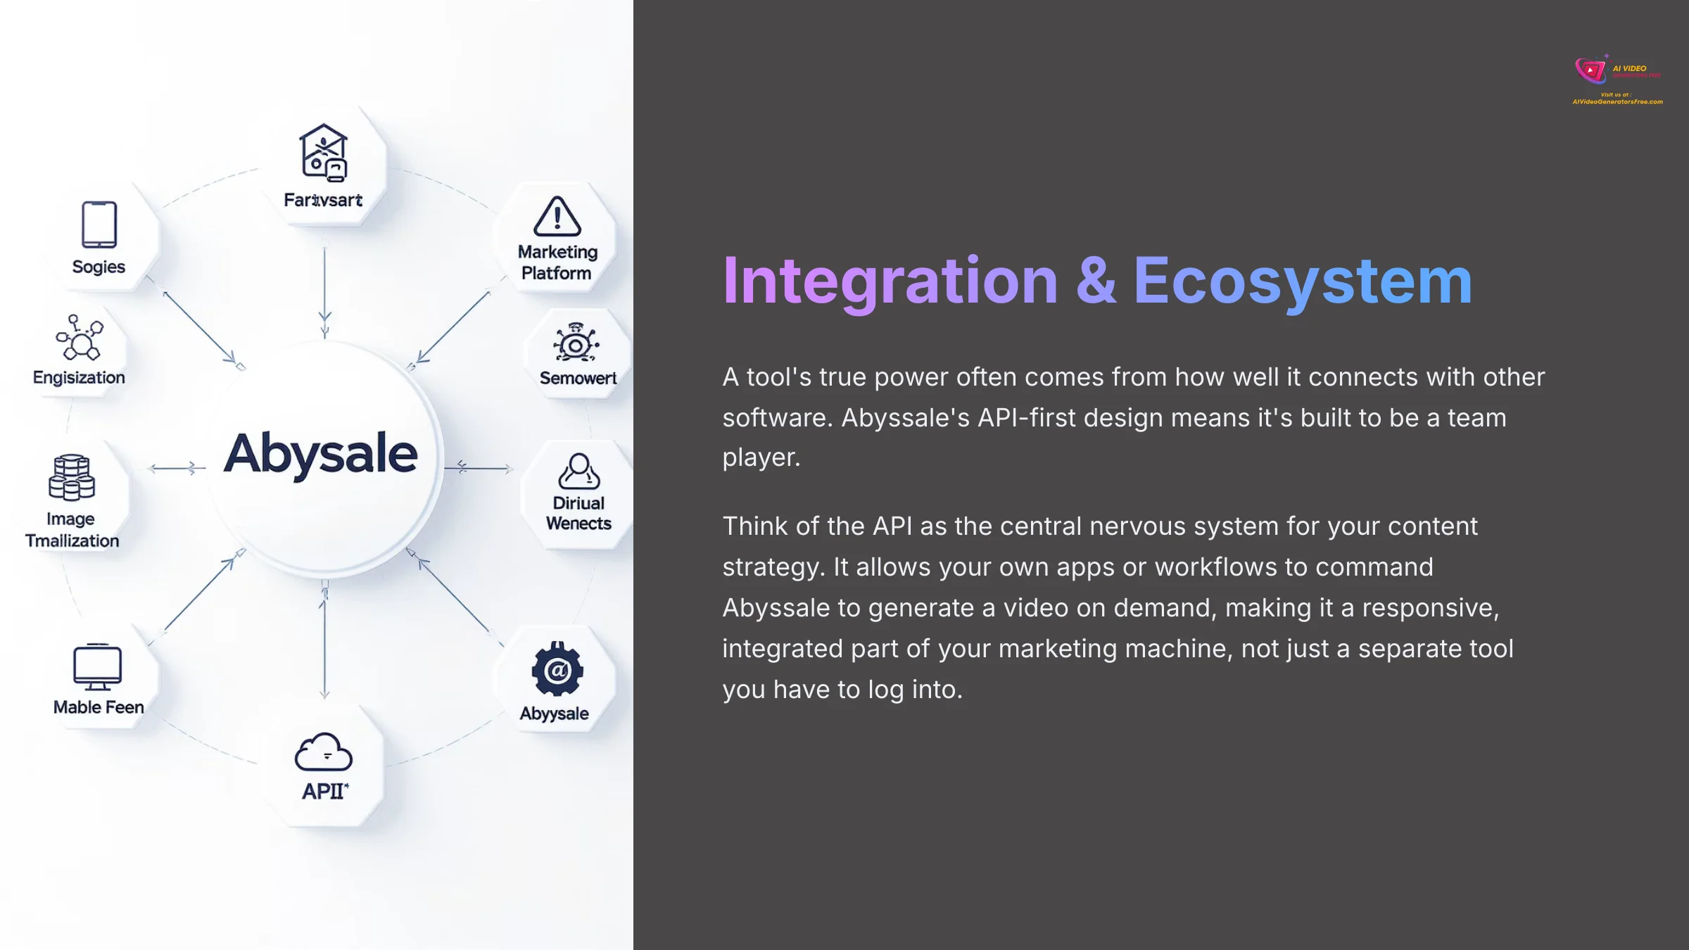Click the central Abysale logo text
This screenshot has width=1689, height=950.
321,454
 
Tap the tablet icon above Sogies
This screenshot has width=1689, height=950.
99,224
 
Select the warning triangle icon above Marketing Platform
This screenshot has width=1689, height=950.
557,216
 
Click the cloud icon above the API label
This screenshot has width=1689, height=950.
323,752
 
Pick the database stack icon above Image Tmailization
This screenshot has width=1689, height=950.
72,477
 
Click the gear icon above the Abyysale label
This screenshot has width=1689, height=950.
557,669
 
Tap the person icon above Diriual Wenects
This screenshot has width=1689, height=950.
578,471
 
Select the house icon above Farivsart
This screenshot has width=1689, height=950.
324,153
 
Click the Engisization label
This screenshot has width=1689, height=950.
79,378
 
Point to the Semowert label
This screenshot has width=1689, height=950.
578,379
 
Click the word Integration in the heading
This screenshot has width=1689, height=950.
890,281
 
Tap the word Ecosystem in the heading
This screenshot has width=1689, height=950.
1302,281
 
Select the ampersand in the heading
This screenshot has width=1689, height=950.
1096,281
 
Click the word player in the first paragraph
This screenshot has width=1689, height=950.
761,458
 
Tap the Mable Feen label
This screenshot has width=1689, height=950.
99,707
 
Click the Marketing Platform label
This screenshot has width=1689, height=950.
557,262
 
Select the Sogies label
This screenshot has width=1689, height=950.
99,267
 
